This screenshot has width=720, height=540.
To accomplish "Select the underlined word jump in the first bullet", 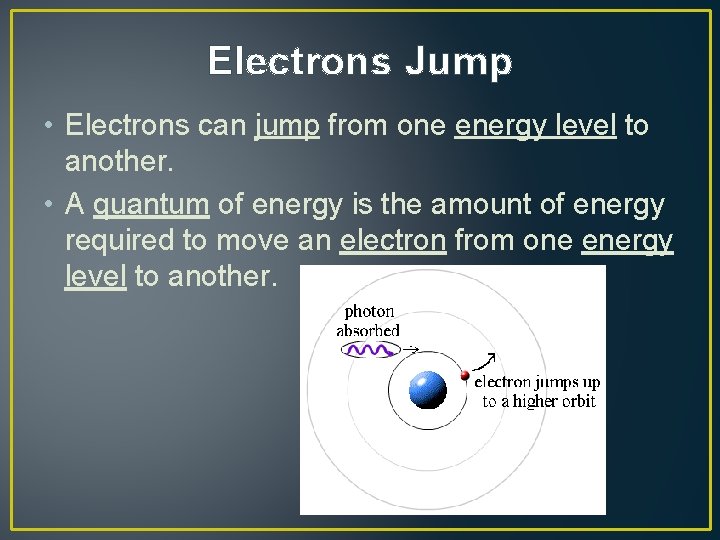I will [x=286, y=126].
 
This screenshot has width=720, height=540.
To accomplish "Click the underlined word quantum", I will [x=151, y=205].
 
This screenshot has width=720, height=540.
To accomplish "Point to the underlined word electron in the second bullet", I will [x=392, y=241].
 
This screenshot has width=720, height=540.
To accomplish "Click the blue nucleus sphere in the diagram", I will [x=428, y=389].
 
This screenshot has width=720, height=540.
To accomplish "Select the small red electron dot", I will [x=465, y=376].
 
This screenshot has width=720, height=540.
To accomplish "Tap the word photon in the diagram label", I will [x=369, y=312].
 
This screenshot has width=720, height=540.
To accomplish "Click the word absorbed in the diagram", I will [x=369, y=330].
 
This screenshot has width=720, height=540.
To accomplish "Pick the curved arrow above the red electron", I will [x=487, y=361].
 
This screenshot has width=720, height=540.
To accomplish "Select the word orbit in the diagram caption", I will [x=578, y=401].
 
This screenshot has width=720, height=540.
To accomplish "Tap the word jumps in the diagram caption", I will [x=558, y=383].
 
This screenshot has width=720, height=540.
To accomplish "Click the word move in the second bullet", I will [x=249, y=241].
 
